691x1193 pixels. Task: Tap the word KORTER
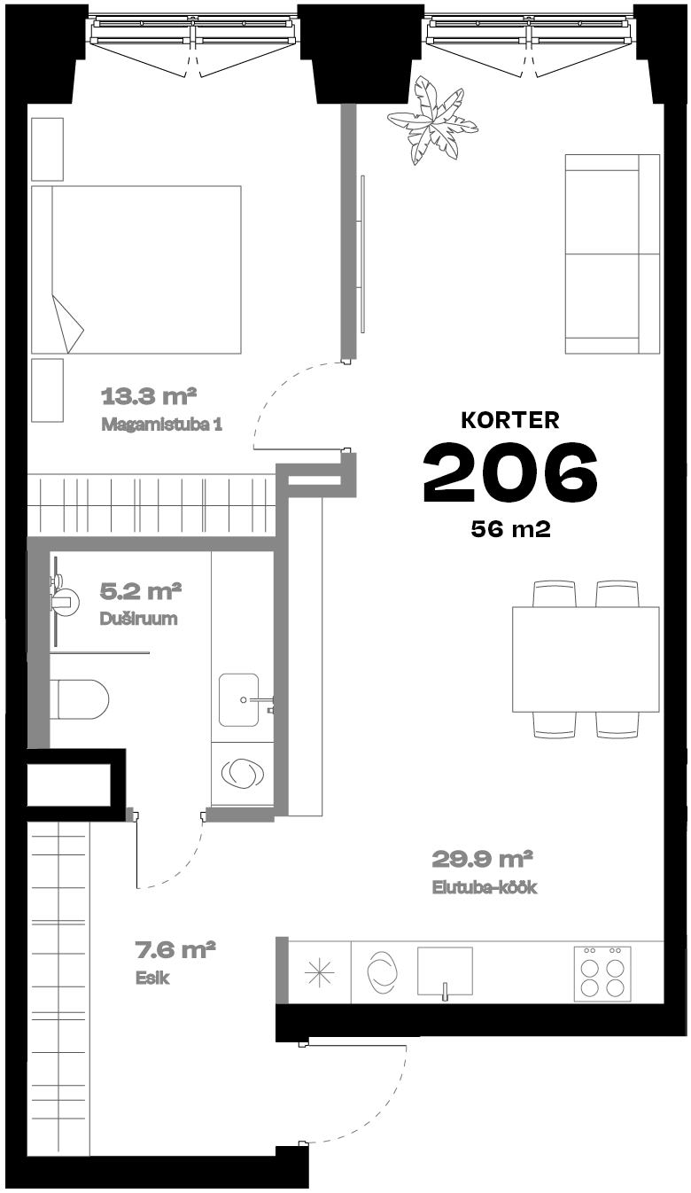[x=510, y=420]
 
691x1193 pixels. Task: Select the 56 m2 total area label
[x=510, y=529]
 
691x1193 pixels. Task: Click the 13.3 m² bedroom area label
[x=149, y=396]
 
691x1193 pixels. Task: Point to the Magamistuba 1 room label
[x=161, y=425]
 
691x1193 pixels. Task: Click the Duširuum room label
[x=138, y=619]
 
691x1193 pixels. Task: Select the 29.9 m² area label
[x=482, y=859]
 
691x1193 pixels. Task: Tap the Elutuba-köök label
[x=484, y=887]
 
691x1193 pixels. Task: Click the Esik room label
[x=152, y=978]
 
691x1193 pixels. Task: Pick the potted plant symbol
[x=431, y=121]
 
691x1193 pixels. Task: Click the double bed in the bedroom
[x=136, y=269]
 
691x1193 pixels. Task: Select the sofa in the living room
[x=612, y=254]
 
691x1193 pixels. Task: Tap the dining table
[x=586, y=659]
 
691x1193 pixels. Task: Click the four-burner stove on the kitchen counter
[x=602, y=972]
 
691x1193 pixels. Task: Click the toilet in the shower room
[x=80, y=698]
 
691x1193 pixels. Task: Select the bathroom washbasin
[x=239, y=700]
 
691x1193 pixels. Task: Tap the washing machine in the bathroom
[x=243, y=774]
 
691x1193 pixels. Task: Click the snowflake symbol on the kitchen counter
[x=320, y=972]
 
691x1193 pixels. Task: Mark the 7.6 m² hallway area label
[x=175, y=949]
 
